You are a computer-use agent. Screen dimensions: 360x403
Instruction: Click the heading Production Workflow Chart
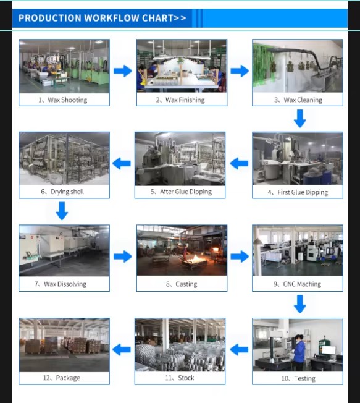tap(103, 18)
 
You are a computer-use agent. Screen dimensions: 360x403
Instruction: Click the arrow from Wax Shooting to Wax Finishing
tap(123, 71)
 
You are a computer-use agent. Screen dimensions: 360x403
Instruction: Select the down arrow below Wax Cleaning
tap(299, 119)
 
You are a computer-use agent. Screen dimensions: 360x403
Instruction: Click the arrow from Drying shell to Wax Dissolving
tap(62, 211)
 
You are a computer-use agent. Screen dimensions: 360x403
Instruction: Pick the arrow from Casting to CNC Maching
tap(240, 257)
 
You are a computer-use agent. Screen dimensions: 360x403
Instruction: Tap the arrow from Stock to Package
tap(122, 350)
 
